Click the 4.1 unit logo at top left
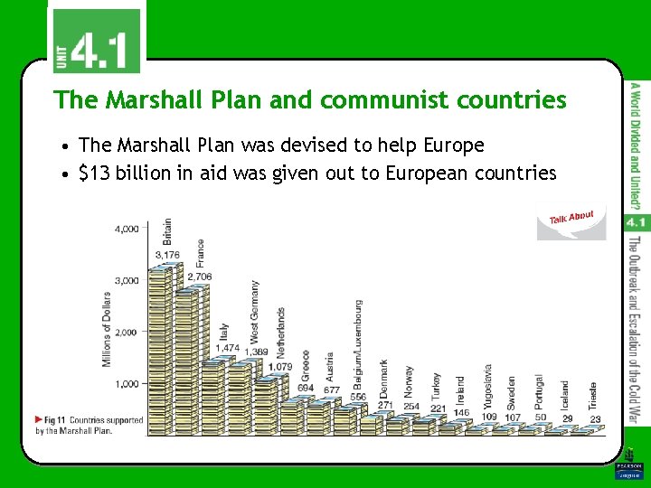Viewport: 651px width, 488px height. coord(95,40)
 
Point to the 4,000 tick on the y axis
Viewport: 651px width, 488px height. coord(127,229)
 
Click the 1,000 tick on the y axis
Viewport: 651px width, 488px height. coord(127,383)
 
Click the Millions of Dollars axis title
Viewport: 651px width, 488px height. coord(107,329)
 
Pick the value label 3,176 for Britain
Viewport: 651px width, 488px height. coord(167,255)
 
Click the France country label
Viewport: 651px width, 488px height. coord(200,251)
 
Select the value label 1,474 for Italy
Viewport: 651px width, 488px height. coord(227,348)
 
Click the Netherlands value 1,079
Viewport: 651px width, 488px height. coord(280,367)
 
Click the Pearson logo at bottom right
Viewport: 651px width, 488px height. coord(627,470)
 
